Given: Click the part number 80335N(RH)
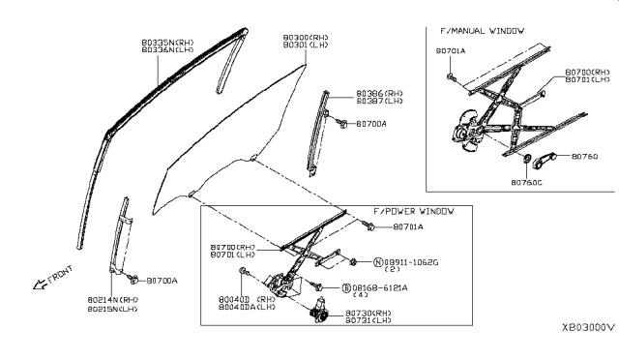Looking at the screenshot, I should [164, 43].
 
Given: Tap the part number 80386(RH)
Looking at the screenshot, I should [351, 92].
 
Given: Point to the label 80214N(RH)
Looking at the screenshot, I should [113, 300].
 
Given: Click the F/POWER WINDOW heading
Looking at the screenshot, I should [413, 210].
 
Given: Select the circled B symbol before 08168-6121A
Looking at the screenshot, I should [345, 288].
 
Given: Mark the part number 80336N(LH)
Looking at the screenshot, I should [164, 50].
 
